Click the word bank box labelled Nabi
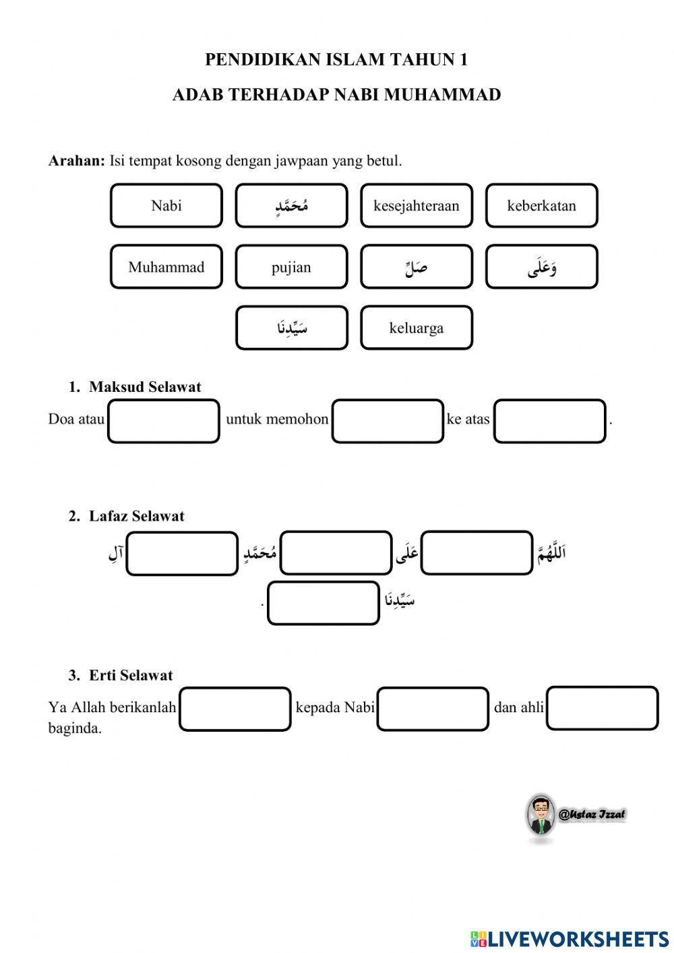(166, 206)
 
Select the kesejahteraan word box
(416, 206)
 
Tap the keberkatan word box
(541, 206)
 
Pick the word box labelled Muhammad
(166, 267)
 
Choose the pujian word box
(291, 267)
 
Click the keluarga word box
(416, 328)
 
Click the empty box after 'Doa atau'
(164, 421)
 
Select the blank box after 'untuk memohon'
(388, 421)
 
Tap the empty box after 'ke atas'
(549, 421)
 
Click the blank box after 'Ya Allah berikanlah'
(235, 709)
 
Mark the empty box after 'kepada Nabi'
(432, 709)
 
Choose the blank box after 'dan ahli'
(602, 708)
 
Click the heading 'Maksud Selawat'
(145, 387)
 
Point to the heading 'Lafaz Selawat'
(136, 517)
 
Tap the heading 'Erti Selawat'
(131, 676)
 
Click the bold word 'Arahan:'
(77, 161)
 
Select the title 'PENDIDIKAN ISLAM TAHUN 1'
(336, 60)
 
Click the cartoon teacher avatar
(540, 815)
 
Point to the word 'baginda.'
(75, 728)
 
